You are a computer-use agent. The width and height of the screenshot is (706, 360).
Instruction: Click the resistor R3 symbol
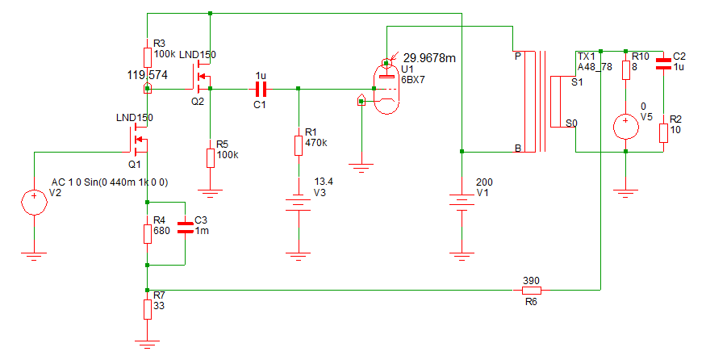pyautogui.click(x=147, y=57)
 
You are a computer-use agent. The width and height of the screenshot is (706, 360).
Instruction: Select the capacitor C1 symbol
pyautogui.click(x=261, y=90)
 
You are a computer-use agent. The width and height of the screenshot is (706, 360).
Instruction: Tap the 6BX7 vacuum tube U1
pyautogui.click(x=386, y=88)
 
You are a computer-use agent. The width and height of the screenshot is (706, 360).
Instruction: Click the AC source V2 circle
pyautogui.click(x=34, y=202)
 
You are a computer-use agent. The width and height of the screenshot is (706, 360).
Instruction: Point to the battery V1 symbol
pyautogui.click(x=462, y=200)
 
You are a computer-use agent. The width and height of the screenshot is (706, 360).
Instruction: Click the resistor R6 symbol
pyautogui.click(x=531, y=291)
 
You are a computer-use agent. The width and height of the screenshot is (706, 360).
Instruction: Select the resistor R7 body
pyautogui.click(x=147, y=309)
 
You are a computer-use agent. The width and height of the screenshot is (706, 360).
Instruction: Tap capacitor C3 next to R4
pyautogui.click(x=185, y=228)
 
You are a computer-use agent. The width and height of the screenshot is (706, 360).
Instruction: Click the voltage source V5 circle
pyautogui.click(x=626, y=126)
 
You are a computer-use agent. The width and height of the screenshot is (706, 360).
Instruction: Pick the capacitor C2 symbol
pyautogui.click(x=663, y=64)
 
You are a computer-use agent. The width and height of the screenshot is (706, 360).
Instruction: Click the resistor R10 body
pyautogui.click(x=626, y=70)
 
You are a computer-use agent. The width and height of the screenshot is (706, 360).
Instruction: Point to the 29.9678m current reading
pyautogui.click(x=429, y=58)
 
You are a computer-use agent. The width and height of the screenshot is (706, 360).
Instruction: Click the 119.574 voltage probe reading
pyautogui.click(x=147, y=75)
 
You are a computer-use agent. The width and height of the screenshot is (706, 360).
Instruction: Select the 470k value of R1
pyautogui.click(x=316, y=143)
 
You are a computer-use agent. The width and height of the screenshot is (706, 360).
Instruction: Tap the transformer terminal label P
pyautogui.click(x=518, y=57)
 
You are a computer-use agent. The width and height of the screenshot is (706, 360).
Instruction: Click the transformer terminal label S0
pyautogui.click(x=572, y=123)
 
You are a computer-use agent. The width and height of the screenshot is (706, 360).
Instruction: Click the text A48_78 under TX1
pyautogui.click(x=595, y=68)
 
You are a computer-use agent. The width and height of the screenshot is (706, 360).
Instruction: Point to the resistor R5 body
pyautogui.click(x=211, y=157)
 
